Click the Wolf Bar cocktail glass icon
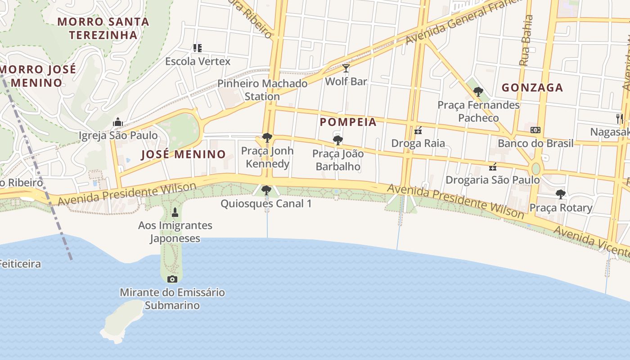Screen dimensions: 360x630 coord(346,68)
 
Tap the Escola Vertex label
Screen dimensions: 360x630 coord(198,61)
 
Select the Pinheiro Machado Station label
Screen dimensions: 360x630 coord(262,90)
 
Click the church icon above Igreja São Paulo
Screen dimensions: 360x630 coord(118,122)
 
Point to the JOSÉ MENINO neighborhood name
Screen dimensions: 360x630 coord(183,154)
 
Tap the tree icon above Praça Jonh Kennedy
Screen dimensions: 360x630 coord(267,138)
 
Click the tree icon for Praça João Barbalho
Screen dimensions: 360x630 coord(338,140)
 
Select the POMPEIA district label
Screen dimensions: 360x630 coord(348,122)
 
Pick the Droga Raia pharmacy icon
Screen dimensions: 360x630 coord(418,131)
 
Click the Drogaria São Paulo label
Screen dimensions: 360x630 coord(492,180)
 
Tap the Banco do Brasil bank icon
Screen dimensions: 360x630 coord(535,130)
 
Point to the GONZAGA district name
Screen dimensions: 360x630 coord(532,88)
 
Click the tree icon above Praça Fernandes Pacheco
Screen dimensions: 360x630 coord(478,92)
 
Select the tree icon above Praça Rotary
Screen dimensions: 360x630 coord(560,194)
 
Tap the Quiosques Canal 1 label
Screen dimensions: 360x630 coord(266,203)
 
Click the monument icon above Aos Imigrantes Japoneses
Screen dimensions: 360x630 coord(175,212)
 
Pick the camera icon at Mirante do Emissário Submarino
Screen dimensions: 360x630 coord(172,279)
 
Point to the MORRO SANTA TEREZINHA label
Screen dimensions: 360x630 coord(103,28)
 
